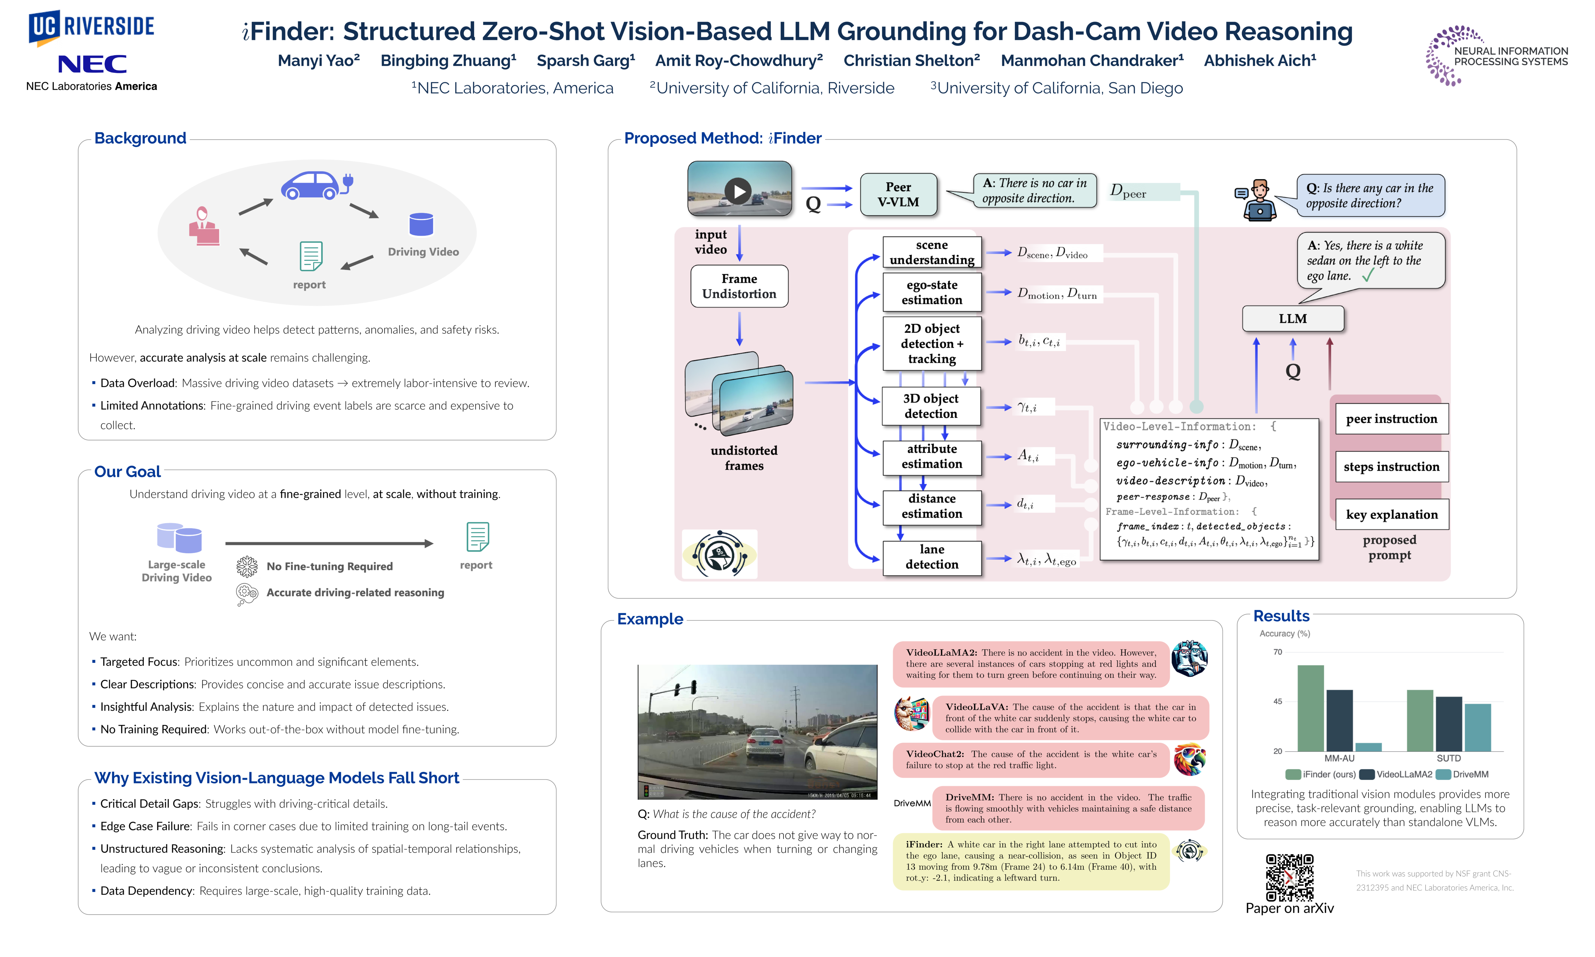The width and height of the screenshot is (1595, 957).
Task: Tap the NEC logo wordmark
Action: click(x=92, y=64)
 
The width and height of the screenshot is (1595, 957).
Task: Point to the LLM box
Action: click(x=1293, y=319)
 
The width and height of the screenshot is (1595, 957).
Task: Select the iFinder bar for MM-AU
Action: click(x=1310, y=708)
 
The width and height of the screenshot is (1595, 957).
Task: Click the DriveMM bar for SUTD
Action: click(x=1478, y=727)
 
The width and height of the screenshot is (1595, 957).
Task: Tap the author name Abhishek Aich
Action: click(x=1260, y=60)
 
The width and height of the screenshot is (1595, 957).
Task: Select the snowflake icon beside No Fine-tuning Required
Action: click(x=246, y=566)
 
